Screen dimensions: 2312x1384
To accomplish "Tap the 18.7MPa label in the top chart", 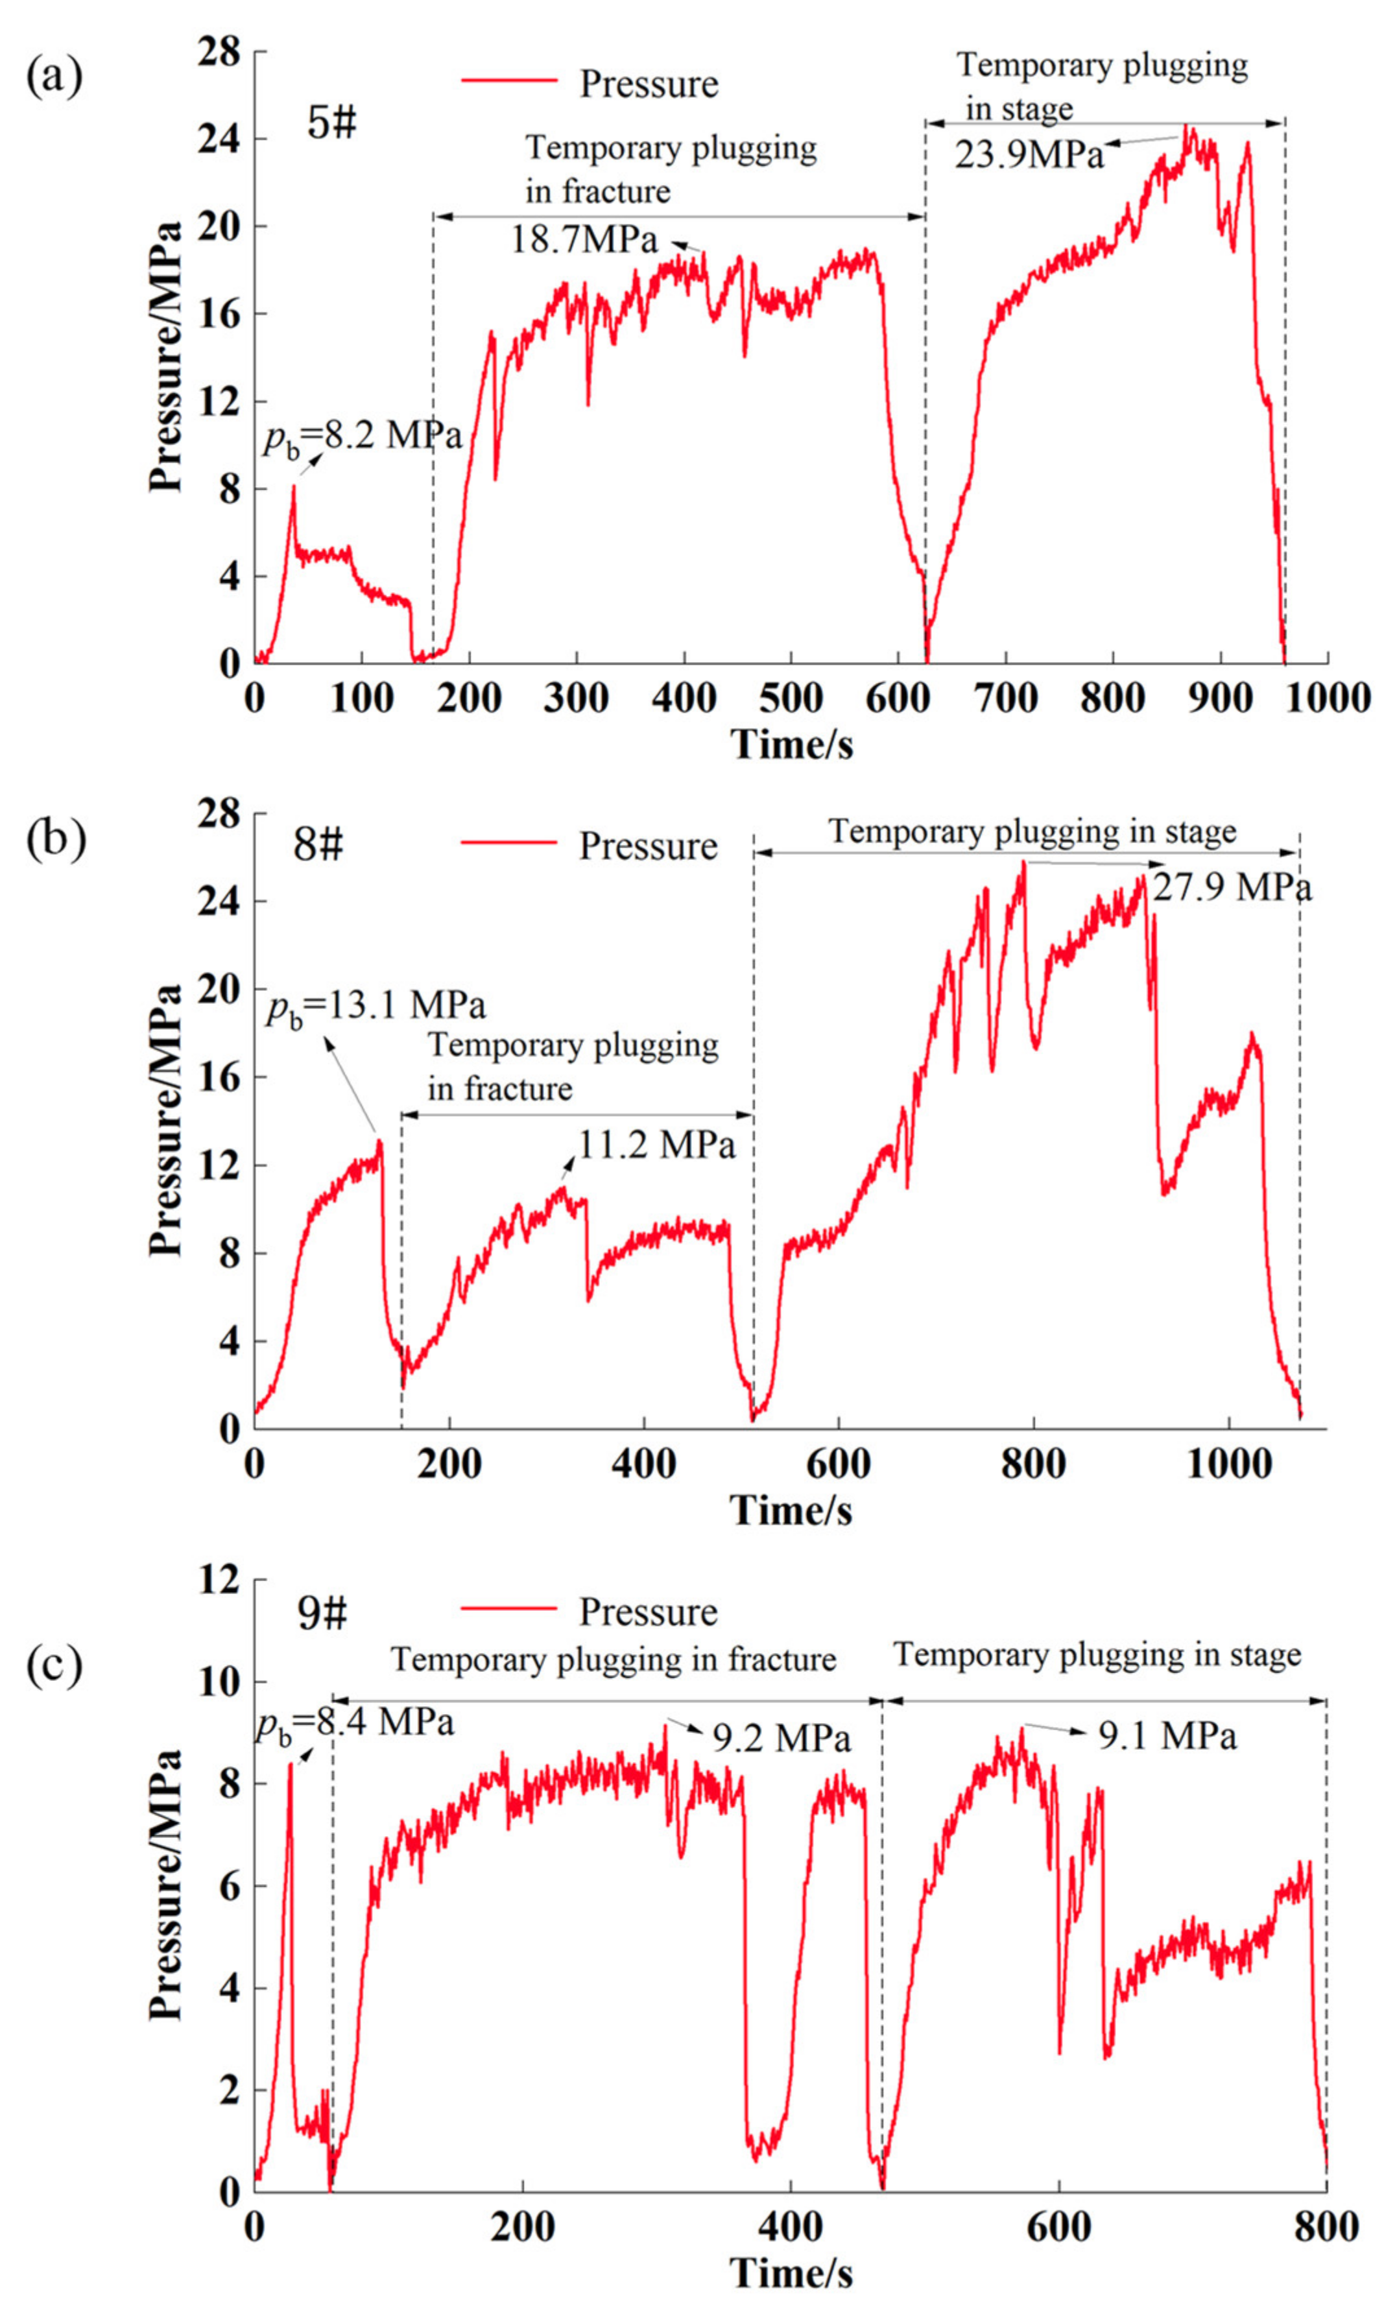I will click(x=584, y=240).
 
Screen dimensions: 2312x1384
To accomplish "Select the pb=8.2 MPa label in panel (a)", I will click(x=362, y=436).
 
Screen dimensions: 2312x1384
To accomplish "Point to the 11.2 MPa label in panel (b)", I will click(x=656, y=1145).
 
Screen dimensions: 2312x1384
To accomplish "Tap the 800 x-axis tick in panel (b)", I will click(x=1033, y=1463).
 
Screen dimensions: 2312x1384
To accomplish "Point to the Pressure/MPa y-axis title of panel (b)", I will click(x=166, y=1120).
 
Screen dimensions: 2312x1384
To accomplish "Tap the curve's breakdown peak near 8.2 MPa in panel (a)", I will click(x=294, y=487).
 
